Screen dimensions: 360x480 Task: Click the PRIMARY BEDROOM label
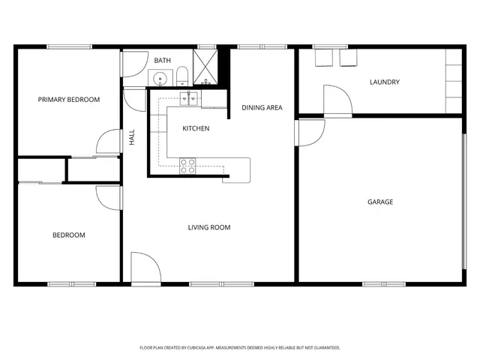(x=69, y=99)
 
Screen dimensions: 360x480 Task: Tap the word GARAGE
(x=380, y=202)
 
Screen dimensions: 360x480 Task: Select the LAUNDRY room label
(x=384, y=82)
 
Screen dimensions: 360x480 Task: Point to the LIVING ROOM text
(x=209, y=227)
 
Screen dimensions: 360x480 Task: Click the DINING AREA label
(x=262, y=108)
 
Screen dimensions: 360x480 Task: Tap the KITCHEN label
(x=196, y=129)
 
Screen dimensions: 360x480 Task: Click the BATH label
(x=163, y=60)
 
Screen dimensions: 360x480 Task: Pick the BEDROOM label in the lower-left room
(x=68, y=235)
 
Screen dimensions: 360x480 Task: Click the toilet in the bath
(x=181, y=76)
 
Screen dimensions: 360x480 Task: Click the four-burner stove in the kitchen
(x=187, y=166)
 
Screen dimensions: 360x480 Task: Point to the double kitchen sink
(x=189, y=97)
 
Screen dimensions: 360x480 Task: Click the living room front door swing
(x=142, y=267)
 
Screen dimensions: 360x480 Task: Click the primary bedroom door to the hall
(x=109, y=142)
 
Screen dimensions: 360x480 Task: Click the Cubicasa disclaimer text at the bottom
(x=240, y=347)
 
